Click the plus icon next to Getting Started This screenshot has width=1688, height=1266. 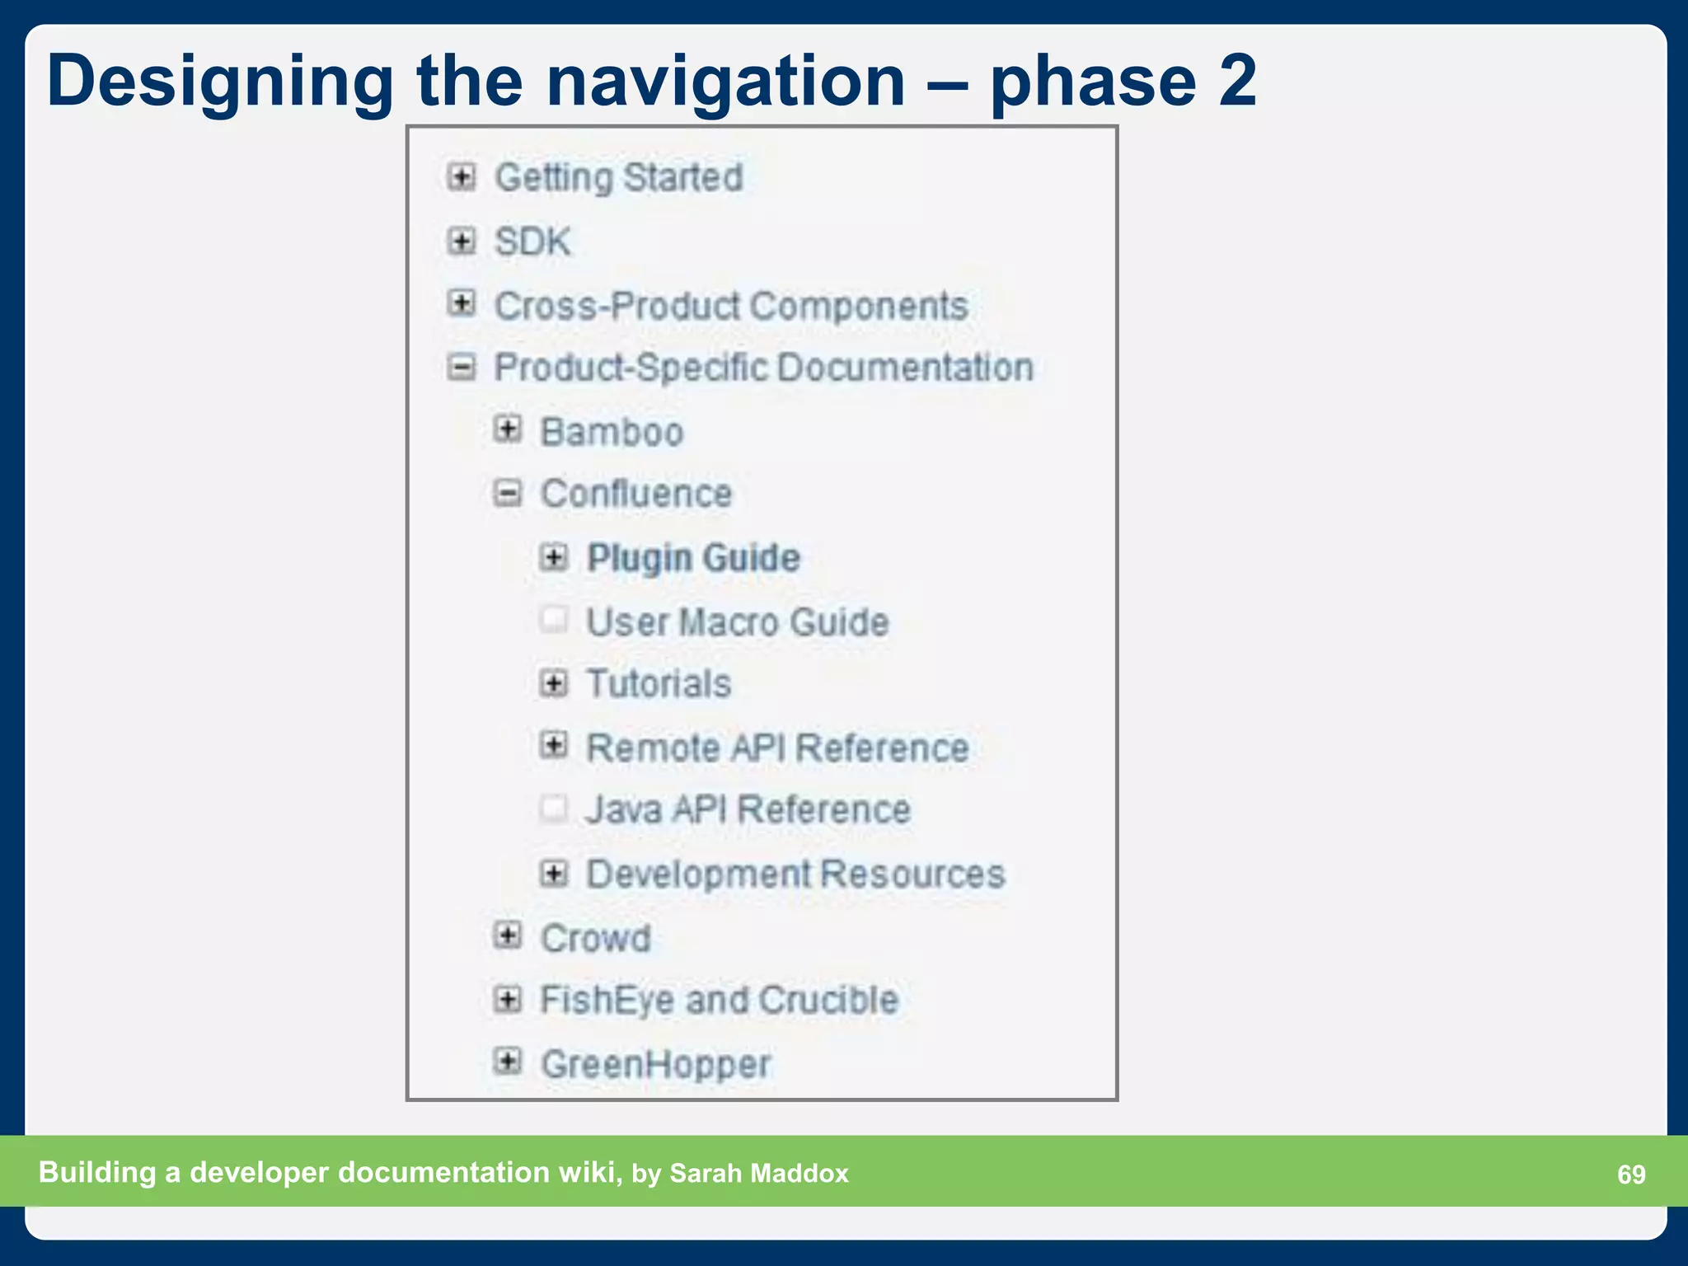coord(462,176)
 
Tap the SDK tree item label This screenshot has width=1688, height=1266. coord(532,242)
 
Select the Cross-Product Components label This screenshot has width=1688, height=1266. coord(730,307)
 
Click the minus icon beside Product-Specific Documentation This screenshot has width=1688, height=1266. coord(462,367)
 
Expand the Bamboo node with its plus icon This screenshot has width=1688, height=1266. coord(508,429)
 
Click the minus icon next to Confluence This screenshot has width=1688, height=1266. coord(508,494)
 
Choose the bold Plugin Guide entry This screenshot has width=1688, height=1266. coord(693,558)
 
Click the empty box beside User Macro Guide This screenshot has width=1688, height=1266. coord(554,620)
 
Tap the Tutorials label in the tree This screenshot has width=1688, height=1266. coord(659,684)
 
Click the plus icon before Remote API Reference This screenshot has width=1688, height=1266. coord(554,746)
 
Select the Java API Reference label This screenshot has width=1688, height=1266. coord(748,809)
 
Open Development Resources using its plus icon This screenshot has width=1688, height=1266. coord(554,874)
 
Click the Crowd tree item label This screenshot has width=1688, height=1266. coord(595,938)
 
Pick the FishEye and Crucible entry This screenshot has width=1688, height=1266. coord(719,1001)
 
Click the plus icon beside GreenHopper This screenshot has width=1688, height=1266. coord(508,1062)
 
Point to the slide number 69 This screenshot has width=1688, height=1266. coord(1630,1174)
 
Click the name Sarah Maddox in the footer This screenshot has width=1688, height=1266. coord(758,1173)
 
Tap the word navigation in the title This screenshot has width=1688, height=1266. coord(725,81)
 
